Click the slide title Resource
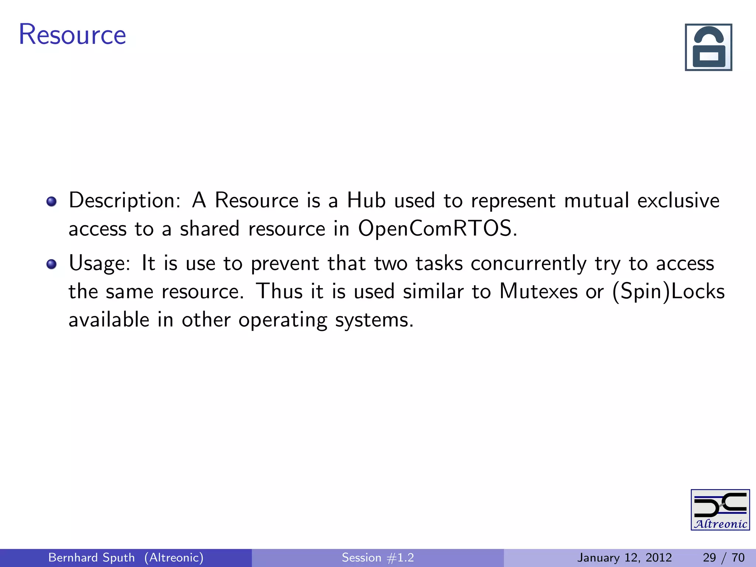tap(72, 35)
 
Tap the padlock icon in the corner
tap(708, 47)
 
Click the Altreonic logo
tap(720, 510)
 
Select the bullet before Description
tap(52, 201)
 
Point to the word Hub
tap(366, 200)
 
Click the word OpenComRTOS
tap(437, 228)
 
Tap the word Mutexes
tap(538, 291)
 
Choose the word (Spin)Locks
tap(668, 292)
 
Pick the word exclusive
tap(678, 200)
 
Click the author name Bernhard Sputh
tap(92, 557)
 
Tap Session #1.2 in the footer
tap(378, 557)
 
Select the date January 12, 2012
tap(624, 557)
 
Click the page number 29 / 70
tap(724, 557)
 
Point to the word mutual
tap(597, 200)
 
